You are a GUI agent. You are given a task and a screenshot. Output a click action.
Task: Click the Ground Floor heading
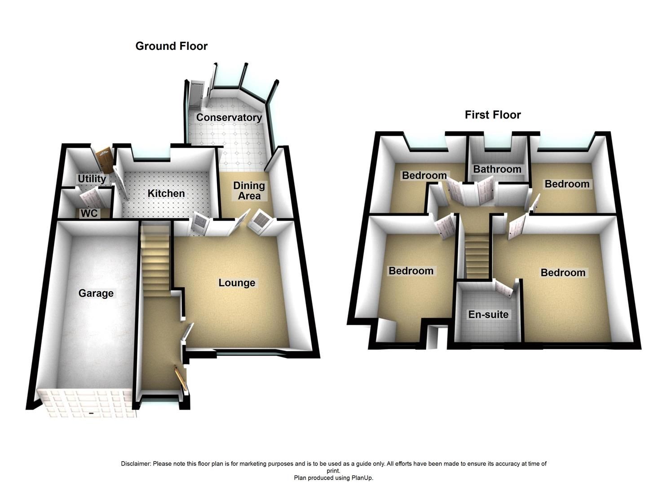[x=171, y=46]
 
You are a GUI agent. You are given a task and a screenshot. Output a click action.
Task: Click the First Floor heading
[x=493, y=115]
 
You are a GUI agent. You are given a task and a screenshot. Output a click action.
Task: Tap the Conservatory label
[x=229, y=118]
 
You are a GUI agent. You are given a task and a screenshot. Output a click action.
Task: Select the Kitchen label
[x=166, y=194]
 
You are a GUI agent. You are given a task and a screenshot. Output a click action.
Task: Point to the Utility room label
[x=92, y=179]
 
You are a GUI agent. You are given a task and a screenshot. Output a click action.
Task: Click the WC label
[x=89, y=213]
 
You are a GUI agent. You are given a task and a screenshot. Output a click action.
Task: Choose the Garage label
[x=96, y=293]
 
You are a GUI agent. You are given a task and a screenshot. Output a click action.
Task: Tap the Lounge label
[x=237, y=283]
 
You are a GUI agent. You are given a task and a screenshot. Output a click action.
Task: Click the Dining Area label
[x=249, y=191]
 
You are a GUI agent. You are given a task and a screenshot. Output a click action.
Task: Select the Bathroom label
[x=497, y=169]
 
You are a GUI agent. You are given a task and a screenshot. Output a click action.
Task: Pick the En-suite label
[x=488, y=314]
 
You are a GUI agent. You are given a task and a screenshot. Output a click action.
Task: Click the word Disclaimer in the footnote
[x=136, y=463]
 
